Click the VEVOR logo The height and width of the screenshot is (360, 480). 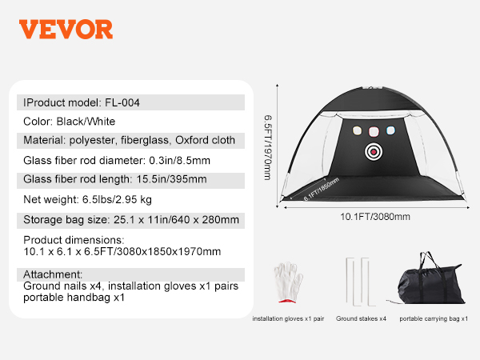click(66, 30)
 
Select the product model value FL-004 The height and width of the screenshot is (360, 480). click(122, 102)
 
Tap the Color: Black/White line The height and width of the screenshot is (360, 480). click(69, 122)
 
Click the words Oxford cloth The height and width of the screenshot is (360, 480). click(205, 140)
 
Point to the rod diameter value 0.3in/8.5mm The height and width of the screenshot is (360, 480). click(179, 161)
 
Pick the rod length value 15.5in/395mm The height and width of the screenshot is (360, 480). click(171, 179)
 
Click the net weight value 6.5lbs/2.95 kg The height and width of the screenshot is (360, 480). click(117, 199)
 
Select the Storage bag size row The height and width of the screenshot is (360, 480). click(130, 220)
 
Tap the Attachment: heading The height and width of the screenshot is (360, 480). click(53, 274)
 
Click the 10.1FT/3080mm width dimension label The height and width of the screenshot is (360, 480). click(375, 217)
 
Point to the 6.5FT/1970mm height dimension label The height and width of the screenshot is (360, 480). click(268, 147)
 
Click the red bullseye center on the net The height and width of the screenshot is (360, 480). click(374, 152)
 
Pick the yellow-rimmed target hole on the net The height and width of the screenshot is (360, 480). click(357, 130)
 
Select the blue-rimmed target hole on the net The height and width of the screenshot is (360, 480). click(390, 130)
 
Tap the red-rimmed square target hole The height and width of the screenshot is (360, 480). click(374, 132)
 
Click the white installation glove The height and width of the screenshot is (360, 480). click(288, 282)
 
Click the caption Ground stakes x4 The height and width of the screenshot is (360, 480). click(361, 318)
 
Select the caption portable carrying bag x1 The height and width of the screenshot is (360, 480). click(434, 318)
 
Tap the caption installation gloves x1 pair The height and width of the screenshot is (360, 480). click(288, 318)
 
